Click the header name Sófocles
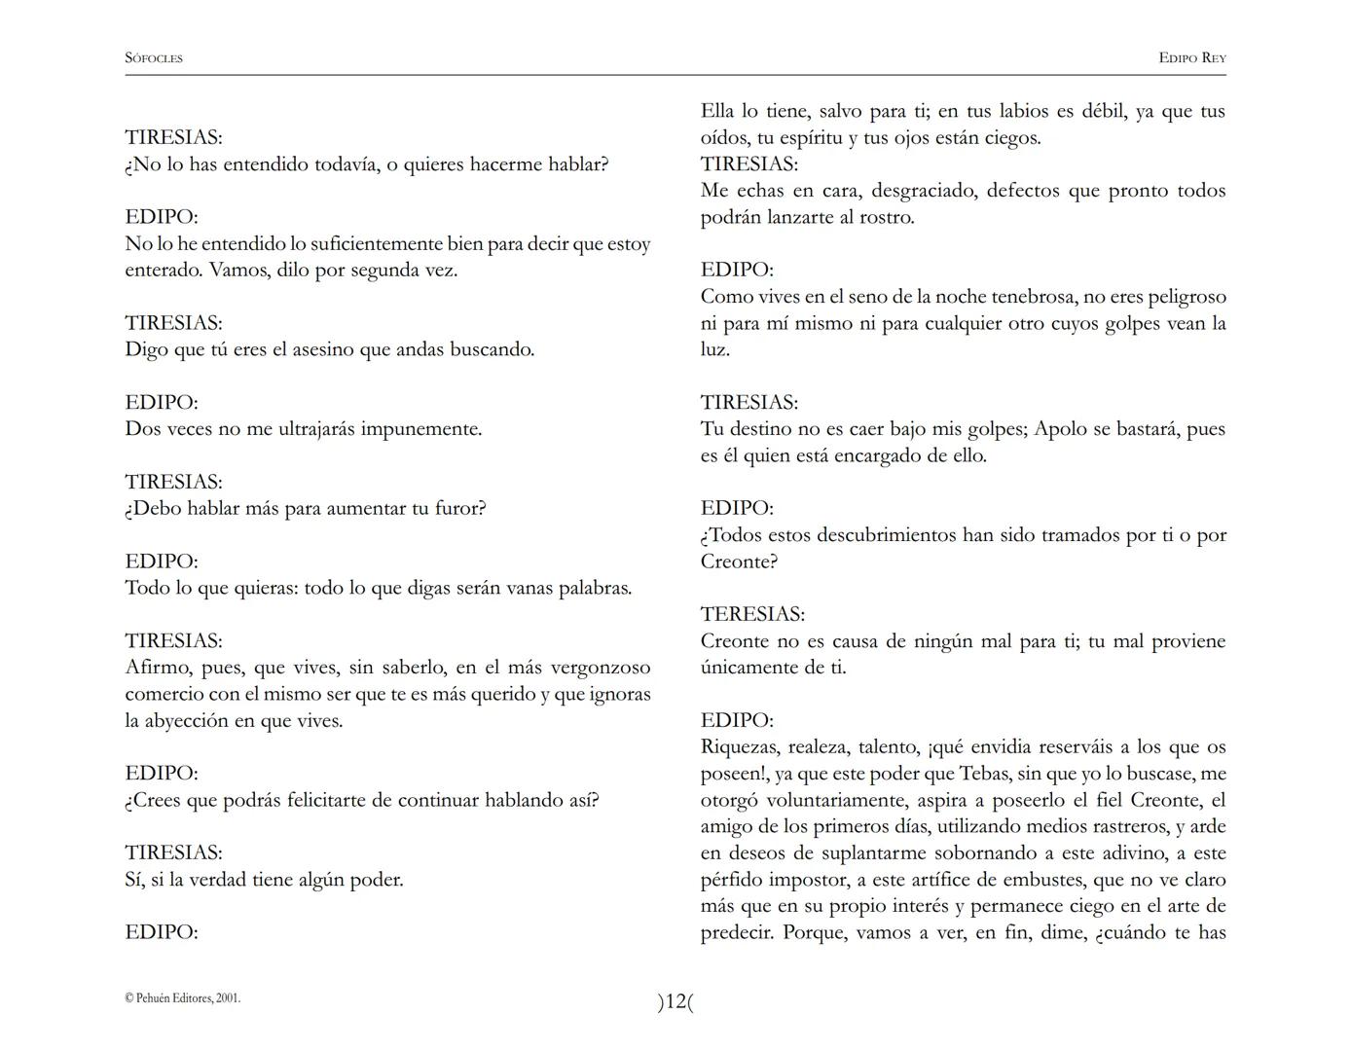pyautogui.click(x=154, y=58)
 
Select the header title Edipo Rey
pyautogui.click(x=1191, y=58)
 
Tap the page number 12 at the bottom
pyautogui.click(x=675, y=1001)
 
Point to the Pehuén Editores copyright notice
pyautogui.click(x=183, y=997)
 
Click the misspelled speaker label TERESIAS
pyautogui.click(x=752, y=614)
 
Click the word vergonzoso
pyautogui.click(x=601, y=668)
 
